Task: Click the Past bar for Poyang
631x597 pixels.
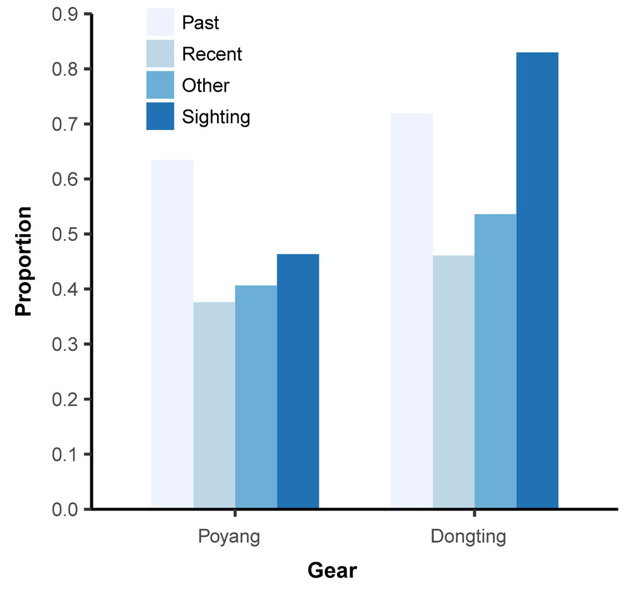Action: coord(172,334)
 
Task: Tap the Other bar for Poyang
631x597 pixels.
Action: coord(256,397)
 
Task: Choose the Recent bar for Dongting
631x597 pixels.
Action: coord(454,382)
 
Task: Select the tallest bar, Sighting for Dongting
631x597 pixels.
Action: coord(538,280)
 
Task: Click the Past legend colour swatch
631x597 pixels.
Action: coord(160,23)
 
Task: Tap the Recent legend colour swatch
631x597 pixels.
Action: coord(160,54)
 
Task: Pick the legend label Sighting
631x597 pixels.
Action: coord(216,117)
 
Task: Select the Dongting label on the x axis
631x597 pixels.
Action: coord(468,538)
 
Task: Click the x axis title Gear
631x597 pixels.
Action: coord(332,571)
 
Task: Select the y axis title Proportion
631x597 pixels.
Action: coord(23,261)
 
